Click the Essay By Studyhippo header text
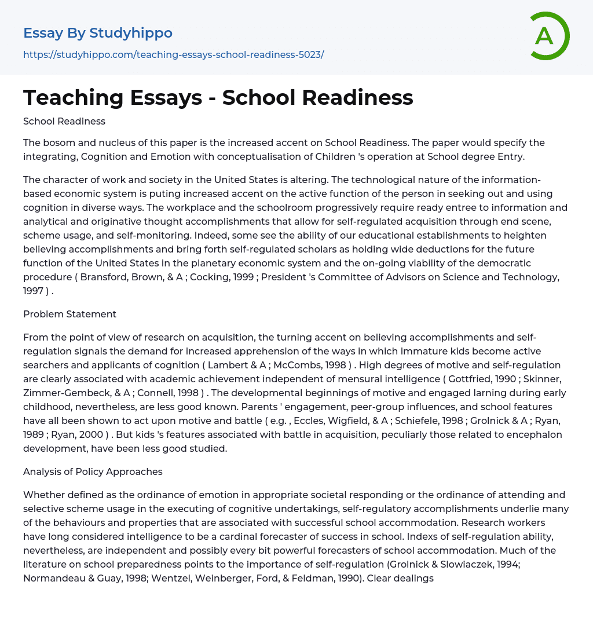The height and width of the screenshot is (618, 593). coord(98,33)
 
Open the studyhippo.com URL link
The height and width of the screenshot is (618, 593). coord(173,54)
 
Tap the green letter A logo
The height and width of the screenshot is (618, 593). coord(547,36)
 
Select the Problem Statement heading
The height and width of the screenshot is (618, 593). coord(69,314)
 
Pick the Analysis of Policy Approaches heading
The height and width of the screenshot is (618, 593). coord(93,471)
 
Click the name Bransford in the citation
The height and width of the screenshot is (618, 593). coord(103,277)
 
